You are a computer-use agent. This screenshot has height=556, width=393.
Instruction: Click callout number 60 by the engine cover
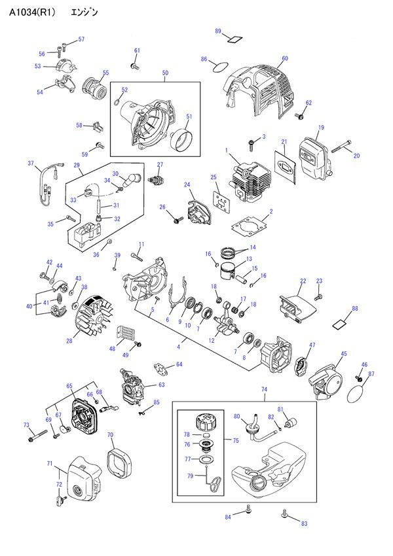tap(285, 59)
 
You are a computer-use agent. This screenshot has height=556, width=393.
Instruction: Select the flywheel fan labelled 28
tap(90, 317)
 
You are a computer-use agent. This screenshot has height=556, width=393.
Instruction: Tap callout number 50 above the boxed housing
tap(165, 73)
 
